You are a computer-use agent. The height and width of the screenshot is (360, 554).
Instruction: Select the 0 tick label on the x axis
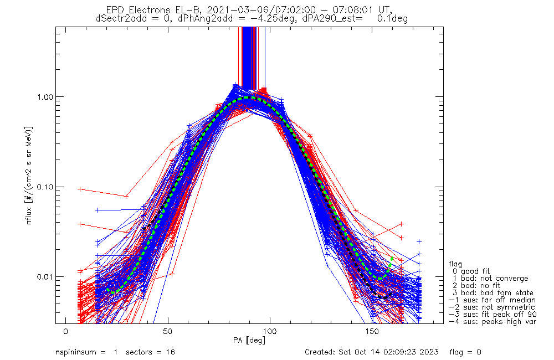pos(66,332)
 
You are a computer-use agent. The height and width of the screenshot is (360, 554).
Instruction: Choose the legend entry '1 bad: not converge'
pos(490,279)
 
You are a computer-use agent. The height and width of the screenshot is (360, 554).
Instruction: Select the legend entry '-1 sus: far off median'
pos(492,300)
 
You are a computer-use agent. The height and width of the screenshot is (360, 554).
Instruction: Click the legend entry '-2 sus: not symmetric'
pos(492,307)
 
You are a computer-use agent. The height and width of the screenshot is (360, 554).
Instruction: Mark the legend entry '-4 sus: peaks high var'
pos(492,322)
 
